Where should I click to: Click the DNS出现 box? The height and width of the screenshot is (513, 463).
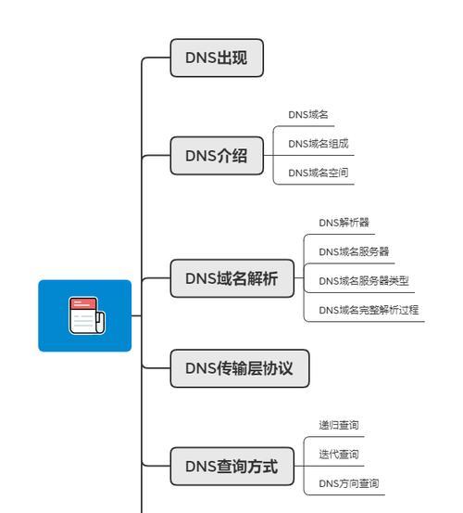coord(217,58)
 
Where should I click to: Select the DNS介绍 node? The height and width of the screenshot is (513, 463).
coord(217,156)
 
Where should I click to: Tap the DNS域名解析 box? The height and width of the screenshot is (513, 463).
coord(232,278)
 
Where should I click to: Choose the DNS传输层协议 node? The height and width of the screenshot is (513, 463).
coord(240,368)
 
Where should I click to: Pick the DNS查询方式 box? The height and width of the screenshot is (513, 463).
coord(232,467)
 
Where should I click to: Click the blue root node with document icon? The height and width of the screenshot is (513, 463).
coord(85,315)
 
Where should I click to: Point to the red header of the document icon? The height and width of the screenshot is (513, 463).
coord(83,303)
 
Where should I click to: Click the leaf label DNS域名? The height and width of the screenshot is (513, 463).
coord(308,114)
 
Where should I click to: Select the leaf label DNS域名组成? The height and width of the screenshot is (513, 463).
coord(319,144)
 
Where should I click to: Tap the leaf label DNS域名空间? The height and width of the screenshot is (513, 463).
coord(319,173)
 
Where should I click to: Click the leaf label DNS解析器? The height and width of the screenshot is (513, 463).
coord(344,223)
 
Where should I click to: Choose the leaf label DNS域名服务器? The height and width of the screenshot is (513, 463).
coord(354,251)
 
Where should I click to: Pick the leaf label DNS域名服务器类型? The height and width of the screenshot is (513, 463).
coord(364,281)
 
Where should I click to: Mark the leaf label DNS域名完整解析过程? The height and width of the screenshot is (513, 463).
coord(369,310)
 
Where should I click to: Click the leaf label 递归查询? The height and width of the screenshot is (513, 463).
coord(339,425)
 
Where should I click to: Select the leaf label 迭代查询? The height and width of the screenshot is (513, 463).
coord(339,455)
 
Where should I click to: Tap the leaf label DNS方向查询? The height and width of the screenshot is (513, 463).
coord(349,483)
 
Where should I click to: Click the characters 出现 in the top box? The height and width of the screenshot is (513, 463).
coord(232,58)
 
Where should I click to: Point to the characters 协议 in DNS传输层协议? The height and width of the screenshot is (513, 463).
coord(278,368)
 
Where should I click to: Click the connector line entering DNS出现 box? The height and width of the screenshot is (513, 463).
coord(156,58)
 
